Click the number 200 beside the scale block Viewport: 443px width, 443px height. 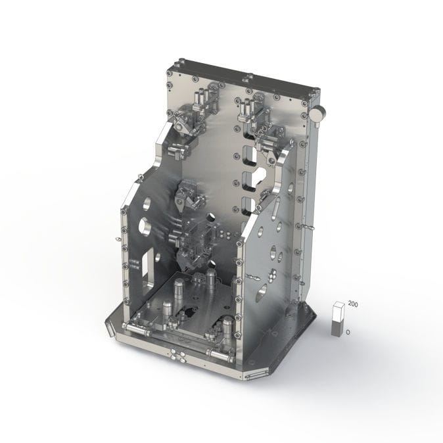[353, 304]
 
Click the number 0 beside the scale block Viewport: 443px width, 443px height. [348, 332]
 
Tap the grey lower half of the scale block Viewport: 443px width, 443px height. [338, 328]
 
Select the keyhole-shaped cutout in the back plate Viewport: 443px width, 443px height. [260, 177]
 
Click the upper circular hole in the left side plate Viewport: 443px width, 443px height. [147, 204]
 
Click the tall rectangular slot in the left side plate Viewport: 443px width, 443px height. [146, 264]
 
